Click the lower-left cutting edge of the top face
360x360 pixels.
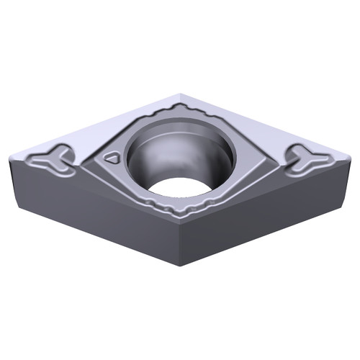pos(94,194)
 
